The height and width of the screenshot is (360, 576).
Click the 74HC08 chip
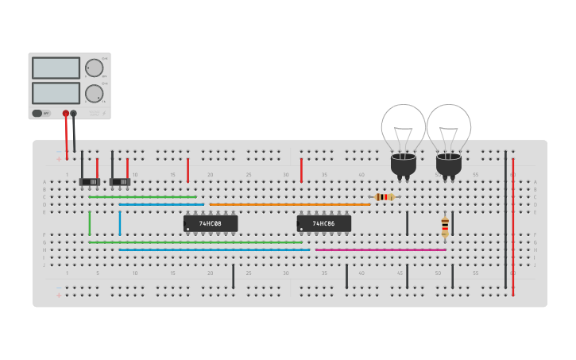(211, 224)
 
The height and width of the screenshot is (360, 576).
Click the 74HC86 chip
(323, 224)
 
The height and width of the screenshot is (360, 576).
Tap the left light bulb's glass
(403, 126)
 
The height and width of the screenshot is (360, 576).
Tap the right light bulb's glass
(449, 126)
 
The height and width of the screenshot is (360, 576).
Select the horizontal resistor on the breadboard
(385, 196)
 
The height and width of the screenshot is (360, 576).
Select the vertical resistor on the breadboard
(445, 226)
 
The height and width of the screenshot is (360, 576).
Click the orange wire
(290, 204)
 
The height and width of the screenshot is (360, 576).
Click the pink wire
(381, 250)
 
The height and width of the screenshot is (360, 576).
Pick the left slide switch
(89, 182)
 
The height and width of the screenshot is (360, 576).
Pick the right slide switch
(120, 182)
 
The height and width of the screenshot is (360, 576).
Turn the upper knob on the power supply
(95, 68)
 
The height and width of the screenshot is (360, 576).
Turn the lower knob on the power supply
(95, 93)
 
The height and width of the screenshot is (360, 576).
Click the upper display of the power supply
(56, 68)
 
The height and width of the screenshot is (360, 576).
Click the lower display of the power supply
(56, 93)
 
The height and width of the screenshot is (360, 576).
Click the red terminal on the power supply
(66, 114)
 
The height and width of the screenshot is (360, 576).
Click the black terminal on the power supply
(74, 114)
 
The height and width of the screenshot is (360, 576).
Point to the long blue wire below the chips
(215, 250)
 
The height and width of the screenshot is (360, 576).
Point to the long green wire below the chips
(195, 242)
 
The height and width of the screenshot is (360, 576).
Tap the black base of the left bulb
(403, 165)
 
